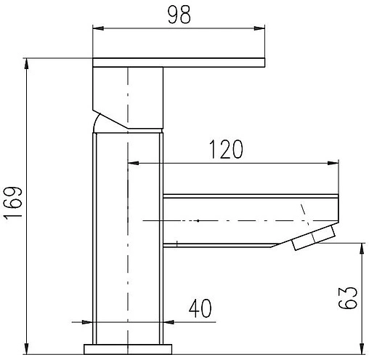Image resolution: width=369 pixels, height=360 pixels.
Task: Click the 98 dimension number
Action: click(x=179, y=15)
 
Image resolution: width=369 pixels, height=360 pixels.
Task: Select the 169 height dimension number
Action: click(x=13, y=204)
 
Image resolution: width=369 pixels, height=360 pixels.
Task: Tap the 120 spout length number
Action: click(x=226, y=149)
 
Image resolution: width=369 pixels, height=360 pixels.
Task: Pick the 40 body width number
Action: click(x=200, y=308)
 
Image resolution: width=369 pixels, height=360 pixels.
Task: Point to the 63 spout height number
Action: click(x=348, y=298)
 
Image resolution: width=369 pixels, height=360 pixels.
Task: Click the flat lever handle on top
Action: click(x=179, y=63)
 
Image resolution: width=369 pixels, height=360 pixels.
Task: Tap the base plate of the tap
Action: click(x=128, y=349)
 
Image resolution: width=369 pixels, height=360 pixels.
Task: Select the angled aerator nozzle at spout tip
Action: click(x=314, y=238)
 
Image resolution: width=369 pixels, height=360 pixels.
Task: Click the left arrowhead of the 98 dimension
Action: click(x=98, y=28)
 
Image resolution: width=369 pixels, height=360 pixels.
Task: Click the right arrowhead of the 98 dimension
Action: click(x=259, y=28)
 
